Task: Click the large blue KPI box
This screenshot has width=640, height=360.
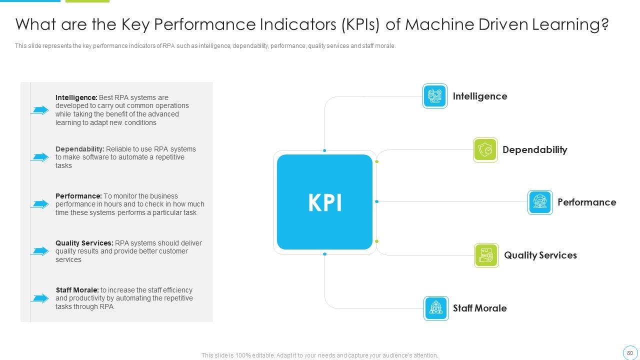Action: pyautogui.click(x=324, y=202)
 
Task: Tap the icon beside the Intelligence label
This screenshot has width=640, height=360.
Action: pyautogui.click(x=434, y=96)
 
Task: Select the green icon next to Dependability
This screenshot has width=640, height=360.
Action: pyautogui.click(x=485, y=150)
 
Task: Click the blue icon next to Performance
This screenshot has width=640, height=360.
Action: pyautogui.click(x=540, y=202)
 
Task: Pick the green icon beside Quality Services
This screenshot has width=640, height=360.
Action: pyautogui.click(x=486, y=255)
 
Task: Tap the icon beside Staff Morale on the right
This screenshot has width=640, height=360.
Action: pyautogui.click(x=436, y=308)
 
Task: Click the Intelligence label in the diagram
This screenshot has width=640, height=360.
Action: pyautogui.click(x=479, y=96)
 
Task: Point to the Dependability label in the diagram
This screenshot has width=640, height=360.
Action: pyautogui.click(x=534, y=150)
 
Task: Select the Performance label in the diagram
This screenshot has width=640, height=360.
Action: pyautogui.click(x=586, y=202)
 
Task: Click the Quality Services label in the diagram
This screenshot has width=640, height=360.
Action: pyautogui.click(x=540, y=255)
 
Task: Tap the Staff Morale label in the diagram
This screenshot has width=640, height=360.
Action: pyautogui.click(x=479, y=308)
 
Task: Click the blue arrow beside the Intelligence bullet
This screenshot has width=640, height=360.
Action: pyautogui.click(x=39, y=110)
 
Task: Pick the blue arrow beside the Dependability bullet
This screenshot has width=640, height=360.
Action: pyautogui.click(x=39, y=157)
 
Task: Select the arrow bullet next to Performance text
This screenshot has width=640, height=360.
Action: pyautogui.click(x=39, y=204)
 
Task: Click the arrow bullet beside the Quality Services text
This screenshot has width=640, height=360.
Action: pyautogui.click(x=39, y=251)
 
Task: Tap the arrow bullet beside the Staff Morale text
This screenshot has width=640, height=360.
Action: pyautogui.click(x=39, y=298)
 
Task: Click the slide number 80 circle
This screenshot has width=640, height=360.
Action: pyautogui.click(x=629, y=353)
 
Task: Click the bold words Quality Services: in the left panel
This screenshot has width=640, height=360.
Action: pyautogui.click(x=84, y=243)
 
